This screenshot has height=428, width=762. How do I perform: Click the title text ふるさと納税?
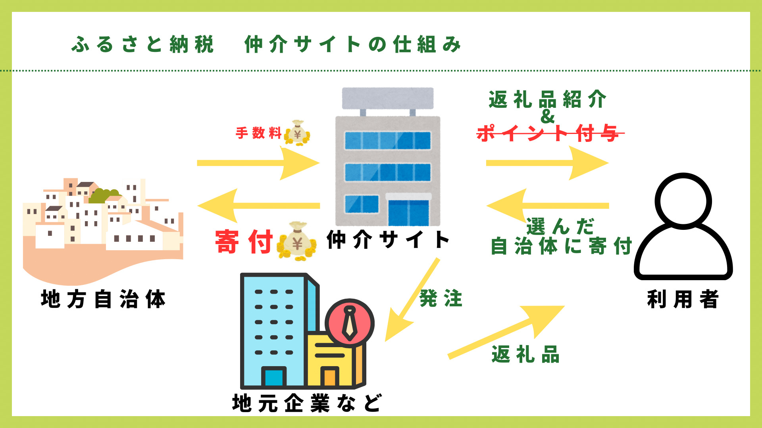[x=143, y=44]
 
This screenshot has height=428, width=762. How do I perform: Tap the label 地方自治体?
[x=103, y=299]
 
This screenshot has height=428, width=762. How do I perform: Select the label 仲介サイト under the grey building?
[x=388, y=240]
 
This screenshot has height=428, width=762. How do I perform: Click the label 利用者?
[x=683, y=299]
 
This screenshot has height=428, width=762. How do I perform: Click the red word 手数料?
[x=258, y=133]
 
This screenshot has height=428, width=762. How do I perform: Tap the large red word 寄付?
[x=244, y=241]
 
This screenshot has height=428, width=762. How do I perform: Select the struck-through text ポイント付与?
[x=550, y=133]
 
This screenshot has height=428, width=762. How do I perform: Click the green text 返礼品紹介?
[x=548, y=99]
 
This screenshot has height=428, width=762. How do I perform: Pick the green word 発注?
[x=441, y=298]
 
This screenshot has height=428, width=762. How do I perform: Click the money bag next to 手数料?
[x=297, y=133]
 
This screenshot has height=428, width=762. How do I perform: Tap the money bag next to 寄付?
[x=297, y=241]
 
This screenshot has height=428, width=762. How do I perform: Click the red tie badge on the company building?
[x=350, y=323]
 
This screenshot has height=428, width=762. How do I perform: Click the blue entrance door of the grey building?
[x=408, y=213]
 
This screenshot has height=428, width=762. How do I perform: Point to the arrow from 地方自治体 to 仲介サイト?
[x=258, y=163]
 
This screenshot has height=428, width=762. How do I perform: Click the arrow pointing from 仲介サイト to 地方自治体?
[x=258, y=206]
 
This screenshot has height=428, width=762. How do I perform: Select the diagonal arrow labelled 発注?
[x=413, y=300]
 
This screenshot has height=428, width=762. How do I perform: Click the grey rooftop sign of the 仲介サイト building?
[x=388, y=98]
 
